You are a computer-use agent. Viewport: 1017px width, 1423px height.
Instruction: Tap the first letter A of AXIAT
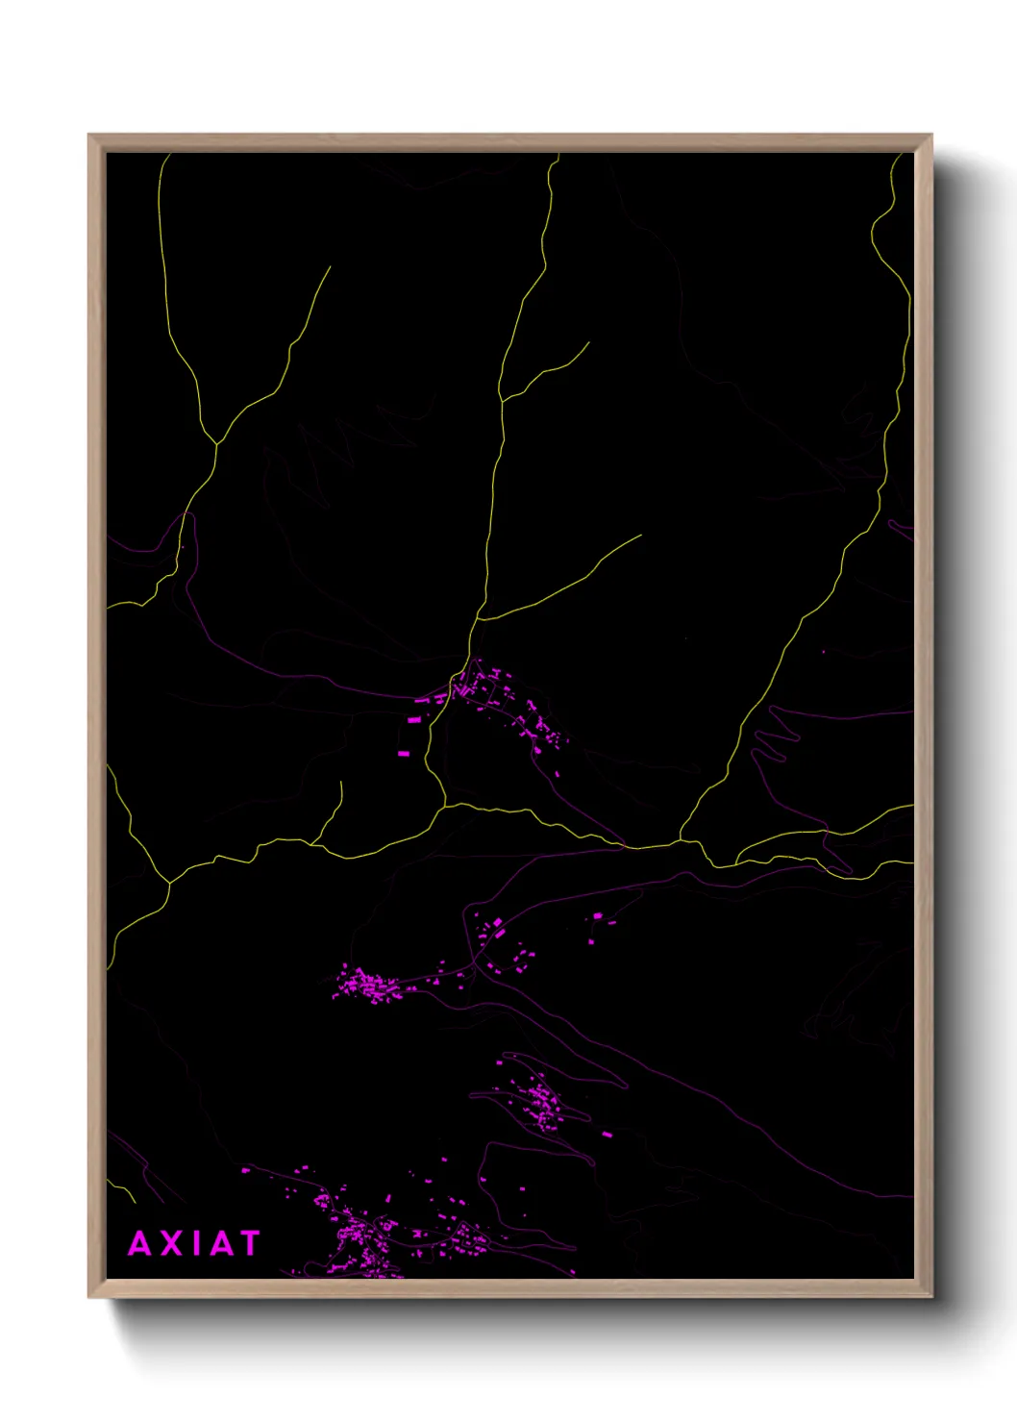pos(140,1243)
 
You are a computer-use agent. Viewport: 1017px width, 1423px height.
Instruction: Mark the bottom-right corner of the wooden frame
pos(930,1296)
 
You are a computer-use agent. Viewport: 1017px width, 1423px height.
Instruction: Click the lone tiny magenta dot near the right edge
pos(824,652)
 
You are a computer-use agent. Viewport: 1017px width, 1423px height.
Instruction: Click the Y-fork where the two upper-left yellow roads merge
pos(217,444)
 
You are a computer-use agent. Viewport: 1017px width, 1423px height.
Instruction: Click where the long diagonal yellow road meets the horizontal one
pos(682,841)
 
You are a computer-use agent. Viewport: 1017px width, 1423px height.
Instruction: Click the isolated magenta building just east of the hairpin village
pos(607,1135)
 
